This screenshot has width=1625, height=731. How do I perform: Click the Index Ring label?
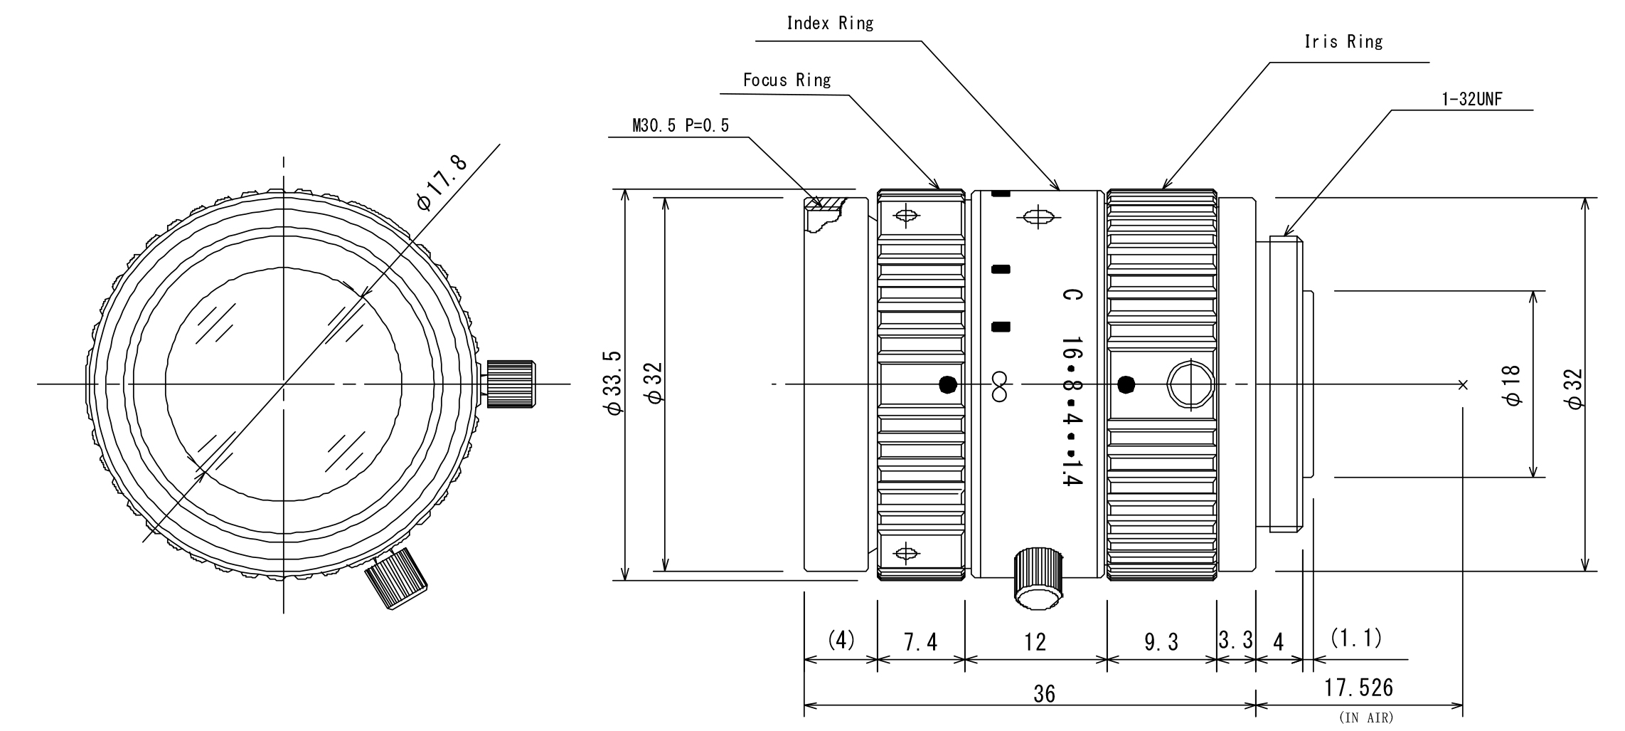[x=829, y=23]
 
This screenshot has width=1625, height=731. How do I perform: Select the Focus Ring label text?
[x=787, y=80]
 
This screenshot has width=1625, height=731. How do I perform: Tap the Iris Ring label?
[x=1343, y=42]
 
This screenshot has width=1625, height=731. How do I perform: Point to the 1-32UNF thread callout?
[x=1471, y=100]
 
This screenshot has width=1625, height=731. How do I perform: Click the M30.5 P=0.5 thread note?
[x=681, y=126]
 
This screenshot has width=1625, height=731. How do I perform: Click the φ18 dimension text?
[x=1513, y=385]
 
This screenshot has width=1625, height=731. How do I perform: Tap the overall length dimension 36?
[x=1044, y=694]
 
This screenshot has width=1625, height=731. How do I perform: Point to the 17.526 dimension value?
[x=1358, y=688]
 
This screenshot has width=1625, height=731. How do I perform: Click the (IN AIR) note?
[x=1366, y=717]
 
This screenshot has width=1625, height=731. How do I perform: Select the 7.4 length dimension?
[x=920, y=643]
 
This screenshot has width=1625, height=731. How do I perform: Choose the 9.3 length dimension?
[x=1161, y=643]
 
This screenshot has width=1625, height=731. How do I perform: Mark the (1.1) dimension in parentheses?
[x=1356, y=638]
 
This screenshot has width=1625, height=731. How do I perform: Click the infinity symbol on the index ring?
[x=999, y=386]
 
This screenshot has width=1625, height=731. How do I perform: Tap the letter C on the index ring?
[x=1072, y=295]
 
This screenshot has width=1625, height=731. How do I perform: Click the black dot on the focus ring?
[x=948, y=385]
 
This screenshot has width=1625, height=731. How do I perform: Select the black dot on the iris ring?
[x=1126, y=385]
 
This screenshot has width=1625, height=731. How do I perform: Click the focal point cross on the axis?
[x=1462, y=385]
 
